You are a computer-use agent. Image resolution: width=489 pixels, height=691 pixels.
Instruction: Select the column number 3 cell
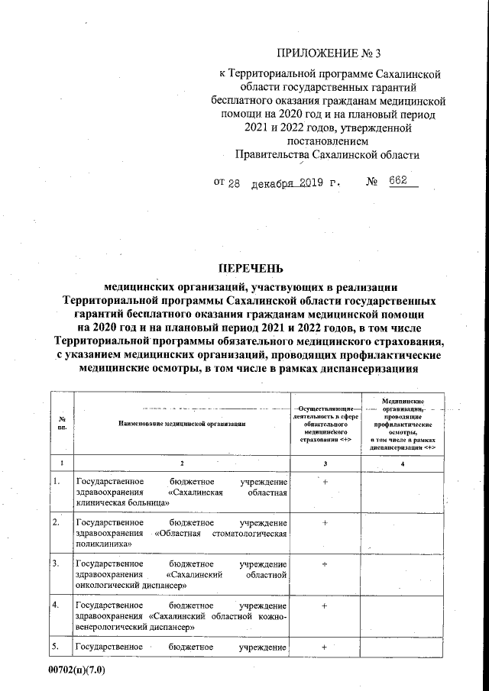pos(325,463)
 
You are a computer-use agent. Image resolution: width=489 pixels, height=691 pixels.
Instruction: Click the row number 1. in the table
pos(57,482)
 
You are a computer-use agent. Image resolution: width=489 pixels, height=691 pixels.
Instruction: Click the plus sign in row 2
pos(325,523)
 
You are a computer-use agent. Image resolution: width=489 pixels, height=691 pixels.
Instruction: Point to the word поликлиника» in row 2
pos(99,544)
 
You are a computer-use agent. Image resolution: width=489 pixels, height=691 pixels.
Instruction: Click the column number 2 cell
pos(182,463)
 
